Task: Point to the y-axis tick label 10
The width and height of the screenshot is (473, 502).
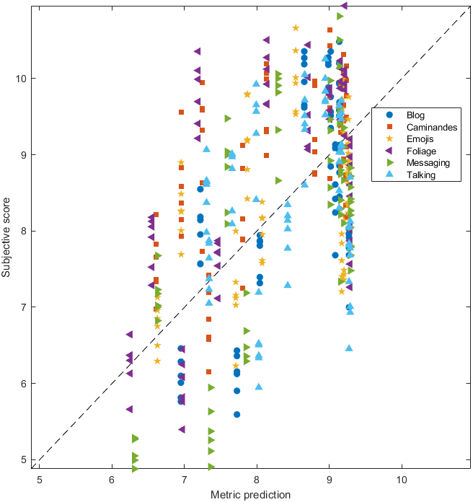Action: pyautogui.click(x=23, y=78)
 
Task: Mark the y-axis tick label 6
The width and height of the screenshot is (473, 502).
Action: pyautogui.click(x=26, y=384)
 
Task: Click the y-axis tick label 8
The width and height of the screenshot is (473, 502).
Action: pyautogui.click(x=26, y=231)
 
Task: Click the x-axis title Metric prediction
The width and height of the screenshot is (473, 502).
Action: pyautogui.click(x=250, y=495)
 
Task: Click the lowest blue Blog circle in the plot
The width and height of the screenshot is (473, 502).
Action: pyautogui.click(x=236, y=415)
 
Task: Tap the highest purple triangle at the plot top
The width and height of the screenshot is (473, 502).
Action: pyautogui.click(x=345, y=6)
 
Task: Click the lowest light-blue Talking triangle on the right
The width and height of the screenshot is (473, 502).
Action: pyautogui.click(x=350, y=348)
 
